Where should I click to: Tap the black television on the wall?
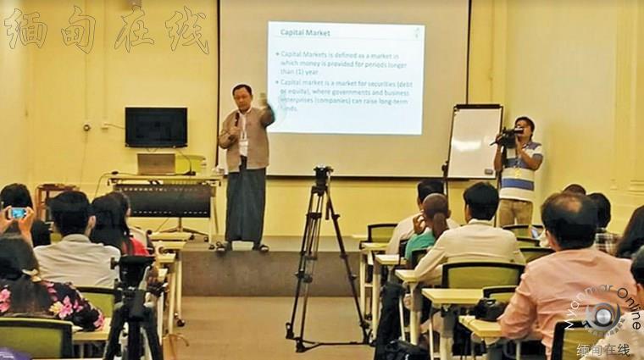tap(156, 127)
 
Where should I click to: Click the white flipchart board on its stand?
tap(474, 142)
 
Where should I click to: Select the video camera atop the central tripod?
tap(322, 176)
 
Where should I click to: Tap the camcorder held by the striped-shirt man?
tap(509, 135)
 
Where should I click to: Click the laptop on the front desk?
tap(157, 163)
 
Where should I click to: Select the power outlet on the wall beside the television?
tap(87, 127)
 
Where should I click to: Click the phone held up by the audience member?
tap(18, 213)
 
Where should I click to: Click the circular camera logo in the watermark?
tap(603, 314)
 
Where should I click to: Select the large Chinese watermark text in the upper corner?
tap(105, 30)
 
